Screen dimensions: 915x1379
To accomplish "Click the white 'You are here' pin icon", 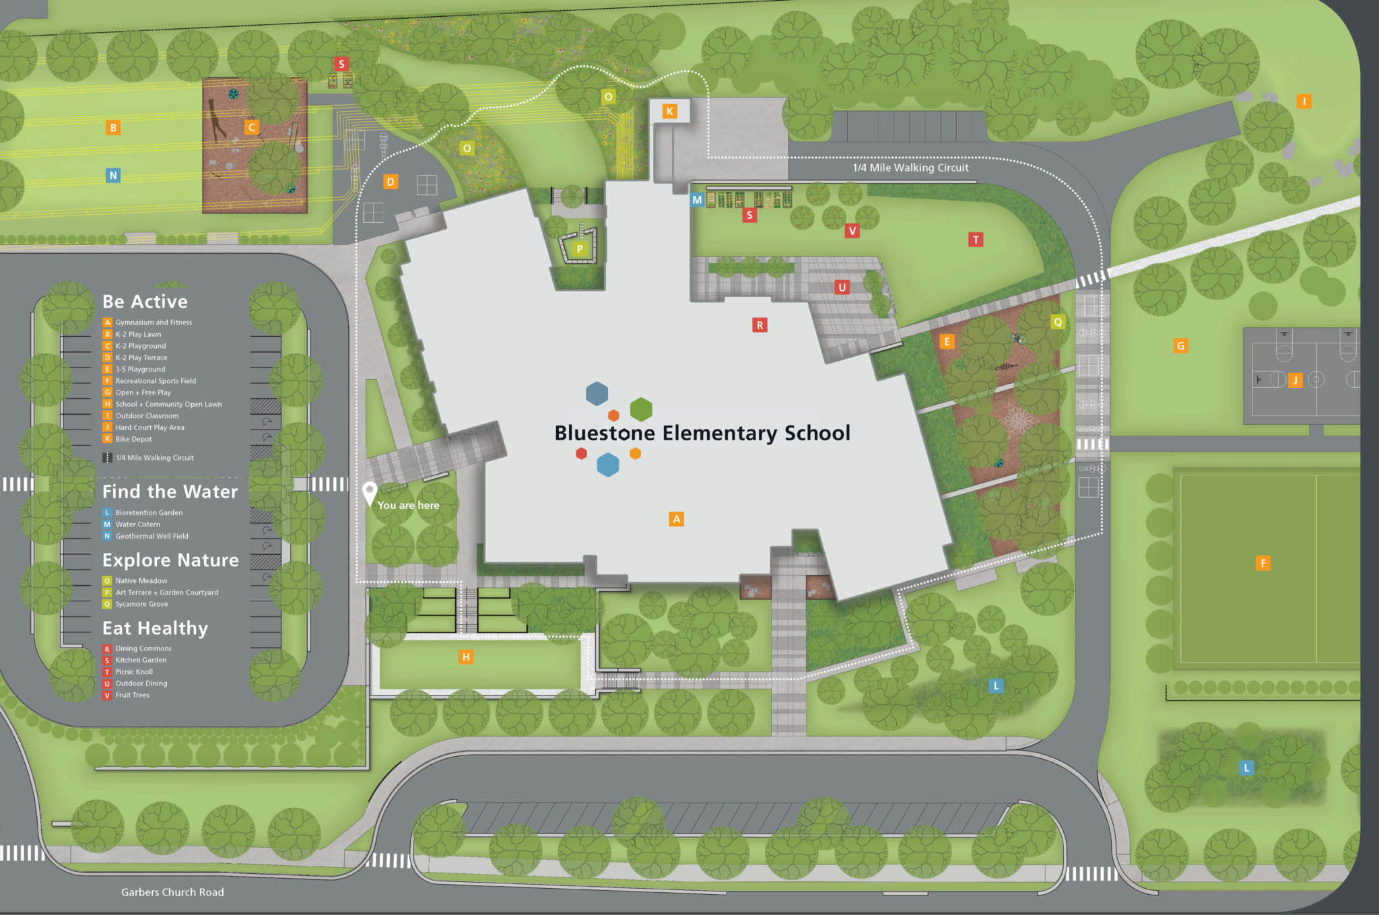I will [369, 492].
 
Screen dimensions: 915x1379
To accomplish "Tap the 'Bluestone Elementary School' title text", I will [702, 433].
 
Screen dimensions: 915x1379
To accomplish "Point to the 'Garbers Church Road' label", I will [172, 892].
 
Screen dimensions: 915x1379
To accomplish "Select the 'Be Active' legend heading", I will [145, 302].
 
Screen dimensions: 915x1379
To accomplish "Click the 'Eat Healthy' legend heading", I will [155, 628].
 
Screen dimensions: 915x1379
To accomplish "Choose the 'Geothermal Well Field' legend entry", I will [152, 536].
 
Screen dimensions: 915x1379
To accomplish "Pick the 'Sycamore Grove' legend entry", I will [141, 604].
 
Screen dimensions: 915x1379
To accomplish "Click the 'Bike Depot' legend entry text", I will [133, 439].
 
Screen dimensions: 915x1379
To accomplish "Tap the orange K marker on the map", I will [669, 111].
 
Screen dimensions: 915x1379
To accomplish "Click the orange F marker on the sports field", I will [1263, 563].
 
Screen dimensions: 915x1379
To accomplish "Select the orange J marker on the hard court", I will [1295, 380].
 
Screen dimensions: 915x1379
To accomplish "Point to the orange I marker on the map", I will [1304, 102].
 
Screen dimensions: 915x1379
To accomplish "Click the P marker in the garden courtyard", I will [579, 248].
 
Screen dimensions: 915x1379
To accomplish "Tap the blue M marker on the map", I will [697, 200].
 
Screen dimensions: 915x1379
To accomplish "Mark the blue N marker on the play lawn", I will [113, 176].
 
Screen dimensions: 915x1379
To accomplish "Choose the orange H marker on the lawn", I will [466, 657].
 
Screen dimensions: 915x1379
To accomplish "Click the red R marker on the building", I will [760, 325].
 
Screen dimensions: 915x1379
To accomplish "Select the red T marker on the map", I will [976, 240].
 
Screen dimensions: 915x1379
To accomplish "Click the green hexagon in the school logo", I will [641, 409].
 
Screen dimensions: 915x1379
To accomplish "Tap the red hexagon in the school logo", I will [581, 454].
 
